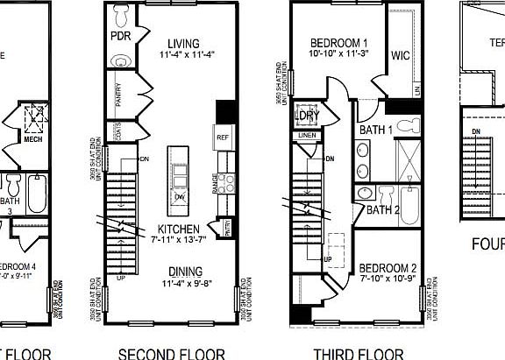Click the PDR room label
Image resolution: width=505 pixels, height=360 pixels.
(x=120, y=37)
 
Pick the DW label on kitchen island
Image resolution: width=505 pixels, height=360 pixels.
(x=179, y=197)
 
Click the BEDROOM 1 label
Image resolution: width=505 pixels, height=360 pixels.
(x=339, y=44)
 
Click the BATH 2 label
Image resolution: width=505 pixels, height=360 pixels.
(x=382, y=210)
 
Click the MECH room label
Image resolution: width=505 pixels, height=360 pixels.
(x=32, y=138)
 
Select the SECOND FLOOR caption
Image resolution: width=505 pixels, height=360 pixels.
(x=171, y=354)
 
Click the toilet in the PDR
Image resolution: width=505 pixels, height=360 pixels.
(x=123, y=14)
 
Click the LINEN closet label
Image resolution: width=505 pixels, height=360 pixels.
(x=306, y=136)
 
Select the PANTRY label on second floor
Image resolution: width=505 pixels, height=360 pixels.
(x=117, y=95)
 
